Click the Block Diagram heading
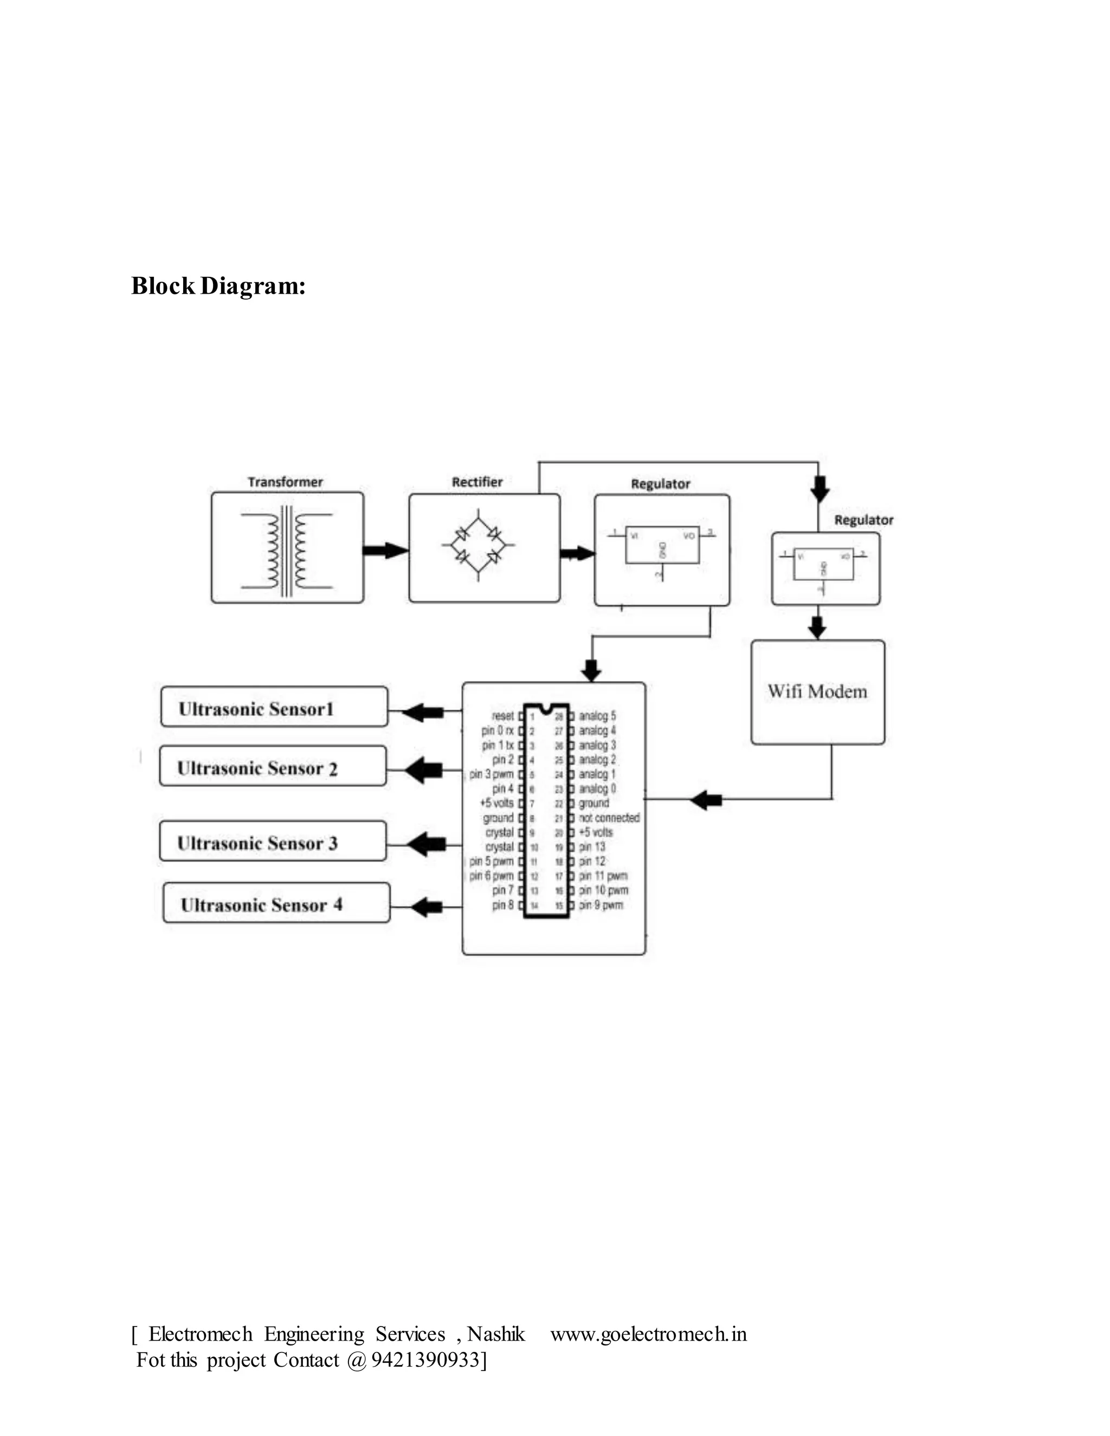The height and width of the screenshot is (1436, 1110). point(218,286)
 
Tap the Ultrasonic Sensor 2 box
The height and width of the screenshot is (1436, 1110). point(273,767)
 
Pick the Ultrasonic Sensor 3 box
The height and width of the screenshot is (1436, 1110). point(273,842)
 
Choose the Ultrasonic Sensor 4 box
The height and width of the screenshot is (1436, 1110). point(276,903)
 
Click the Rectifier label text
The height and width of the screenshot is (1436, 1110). point(477,482)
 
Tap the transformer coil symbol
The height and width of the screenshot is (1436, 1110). point(287,551)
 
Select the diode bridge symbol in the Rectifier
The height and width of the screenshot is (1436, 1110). point(478,545)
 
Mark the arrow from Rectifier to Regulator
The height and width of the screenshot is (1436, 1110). point(577,554)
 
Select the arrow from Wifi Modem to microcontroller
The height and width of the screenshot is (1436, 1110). point(706,799)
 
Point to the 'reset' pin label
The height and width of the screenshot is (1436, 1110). point(502,715)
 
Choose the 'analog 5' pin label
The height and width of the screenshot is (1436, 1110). point(597,715)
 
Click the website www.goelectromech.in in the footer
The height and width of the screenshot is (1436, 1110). point(648,1334)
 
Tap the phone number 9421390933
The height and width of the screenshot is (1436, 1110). point(425,1360)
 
